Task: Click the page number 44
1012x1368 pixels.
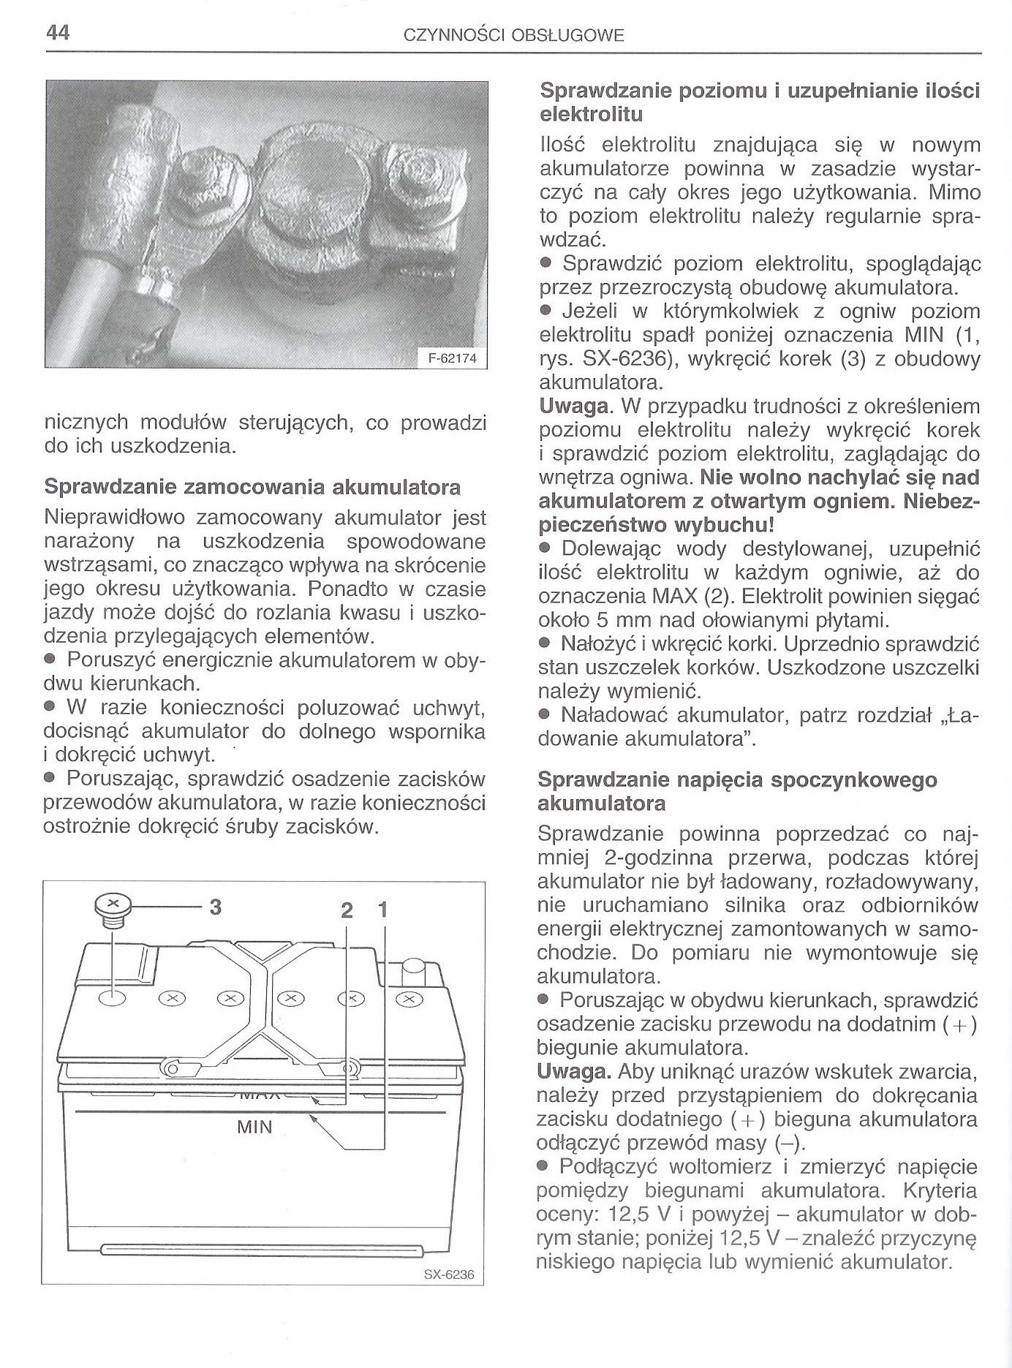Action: [x=56, y=33]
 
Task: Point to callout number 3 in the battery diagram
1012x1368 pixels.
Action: [x=215, y=907]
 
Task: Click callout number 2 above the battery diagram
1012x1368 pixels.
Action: [x=347, y=911]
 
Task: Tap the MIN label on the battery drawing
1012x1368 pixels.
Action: [x=254, y=1127]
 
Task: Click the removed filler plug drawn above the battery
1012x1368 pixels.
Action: [x=112, y=910]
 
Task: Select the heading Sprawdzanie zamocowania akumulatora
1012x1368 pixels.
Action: [x=252, y=486]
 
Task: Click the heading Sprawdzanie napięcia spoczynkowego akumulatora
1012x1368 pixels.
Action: [x=737, y=791]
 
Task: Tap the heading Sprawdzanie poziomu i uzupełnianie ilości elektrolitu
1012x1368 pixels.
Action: [x=759, y=103]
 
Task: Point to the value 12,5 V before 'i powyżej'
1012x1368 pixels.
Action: [x=643, y=1214]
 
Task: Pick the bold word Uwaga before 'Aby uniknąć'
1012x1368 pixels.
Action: [x=573, y=1072]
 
